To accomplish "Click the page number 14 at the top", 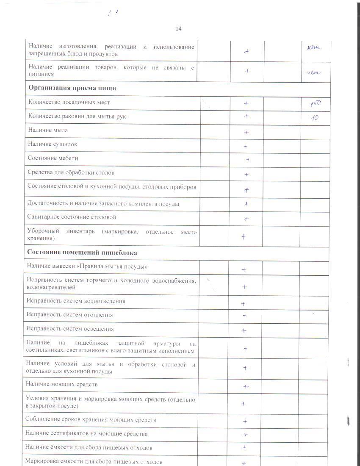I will tap(178, 29).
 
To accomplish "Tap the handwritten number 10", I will tap(315, 118).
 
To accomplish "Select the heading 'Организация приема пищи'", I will tap(72, 88).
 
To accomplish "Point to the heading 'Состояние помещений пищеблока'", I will tap(82, 252).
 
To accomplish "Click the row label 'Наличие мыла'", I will tap(48, 130).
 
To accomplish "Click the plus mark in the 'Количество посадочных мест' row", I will tap(246, 103).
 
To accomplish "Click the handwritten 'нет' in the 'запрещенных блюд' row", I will tap(313, 47).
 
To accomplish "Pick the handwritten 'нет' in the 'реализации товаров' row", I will tap(314, 72).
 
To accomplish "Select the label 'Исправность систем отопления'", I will tap(69, 315).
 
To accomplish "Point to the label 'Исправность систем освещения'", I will tap(70, 329).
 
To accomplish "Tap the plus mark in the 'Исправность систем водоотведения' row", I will tap(244, 304).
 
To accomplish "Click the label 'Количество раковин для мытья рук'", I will tap(77, 116).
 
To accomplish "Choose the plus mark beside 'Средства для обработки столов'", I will tap(246, 175).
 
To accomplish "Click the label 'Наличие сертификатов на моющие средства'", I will tap(86, 434).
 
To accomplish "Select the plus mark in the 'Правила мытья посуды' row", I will tap(244, 269).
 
